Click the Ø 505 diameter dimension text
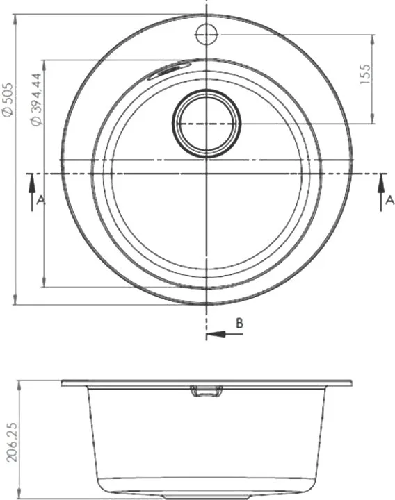pyautogui.click(x=8, y=99)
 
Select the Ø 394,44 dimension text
pyautogui.click(x=36, y=99)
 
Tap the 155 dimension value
pyautogui.click(x=365, y=74)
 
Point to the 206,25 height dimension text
pyautogui.click(x=12, y=442)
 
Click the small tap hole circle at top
pyautogui.click(x=207, y=34)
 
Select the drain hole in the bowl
pyautogui.click(x=207, y=124)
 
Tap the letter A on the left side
pyautogui.click(x=41, y=200)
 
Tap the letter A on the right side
pyautogui.click(x=389, y=200)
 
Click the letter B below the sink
pyautogui.click(x=239, y=323)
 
